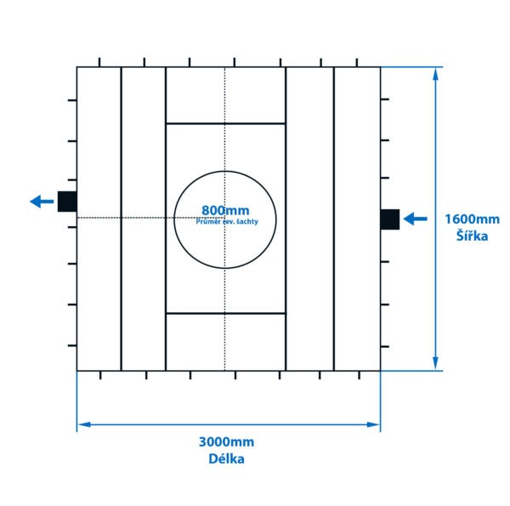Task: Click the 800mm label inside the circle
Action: coord(225,210)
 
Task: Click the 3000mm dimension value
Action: coord(226,442)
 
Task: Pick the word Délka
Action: coord(226,459)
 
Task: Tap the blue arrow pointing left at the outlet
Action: coord(41,202)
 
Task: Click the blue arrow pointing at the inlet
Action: coord(415,219)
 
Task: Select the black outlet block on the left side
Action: coord(67,202)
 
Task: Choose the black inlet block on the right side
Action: coord(389,219)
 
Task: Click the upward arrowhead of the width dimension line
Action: coord(436,73)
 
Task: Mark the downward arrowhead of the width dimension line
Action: coord(436,364)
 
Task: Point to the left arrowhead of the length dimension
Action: coord(83,424)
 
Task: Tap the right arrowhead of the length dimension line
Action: coord(374,424)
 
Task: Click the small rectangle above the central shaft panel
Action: coord(225,95)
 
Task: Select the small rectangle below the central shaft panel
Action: coord(225,342)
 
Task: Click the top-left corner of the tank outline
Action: coord(77,67)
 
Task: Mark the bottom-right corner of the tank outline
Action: coord(380,371)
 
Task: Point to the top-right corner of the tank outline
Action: coord(380,67)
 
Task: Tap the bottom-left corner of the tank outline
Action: coord(77,371)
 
